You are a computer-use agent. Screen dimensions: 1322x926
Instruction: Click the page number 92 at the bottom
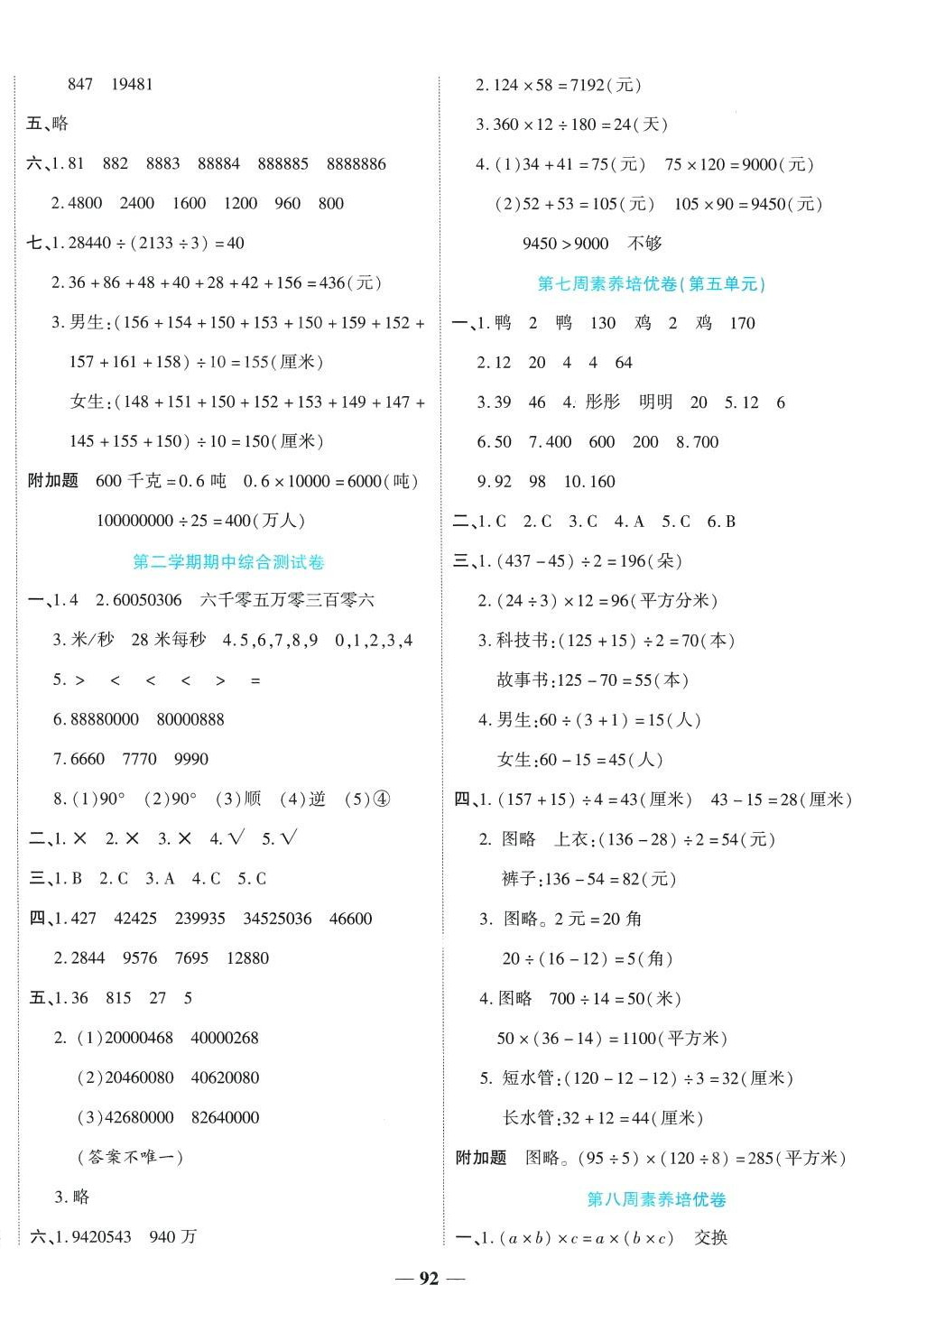429,1279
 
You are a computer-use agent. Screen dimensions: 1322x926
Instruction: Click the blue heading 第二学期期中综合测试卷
228,562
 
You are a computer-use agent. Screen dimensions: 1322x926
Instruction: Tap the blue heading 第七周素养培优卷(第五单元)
652,284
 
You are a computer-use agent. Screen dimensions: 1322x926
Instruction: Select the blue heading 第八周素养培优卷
656,1199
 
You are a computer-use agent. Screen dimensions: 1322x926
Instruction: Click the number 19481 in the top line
132,84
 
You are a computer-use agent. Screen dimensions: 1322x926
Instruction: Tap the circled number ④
382,799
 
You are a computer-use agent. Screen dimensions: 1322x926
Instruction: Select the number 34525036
277,919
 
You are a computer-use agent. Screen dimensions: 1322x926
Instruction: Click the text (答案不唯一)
130,1157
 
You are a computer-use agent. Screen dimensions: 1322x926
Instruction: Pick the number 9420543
94,1236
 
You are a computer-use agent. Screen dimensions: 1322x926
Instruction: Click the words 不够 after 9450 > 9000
644,244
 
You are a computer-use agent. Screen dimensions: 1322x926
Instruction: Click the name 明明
655,402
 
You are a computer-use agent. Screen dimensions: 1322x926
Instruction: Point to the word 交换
711,1238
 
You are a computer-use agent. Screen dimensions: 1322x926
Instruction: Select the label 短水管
528,1078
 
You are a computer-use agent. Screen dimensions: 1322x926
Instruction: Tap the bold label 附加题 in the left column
53,481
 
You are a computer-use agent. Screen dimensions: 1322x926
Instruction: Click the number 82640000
225,1117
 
